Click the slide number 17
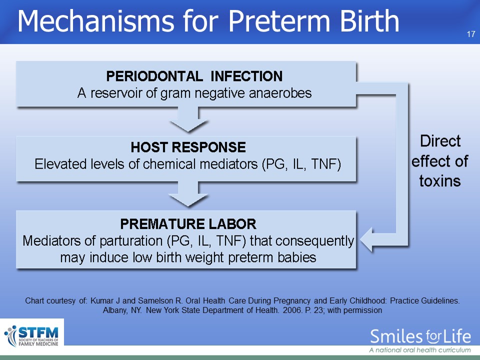(x=471, y=34)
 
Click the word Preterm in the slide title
(x=280, y=21)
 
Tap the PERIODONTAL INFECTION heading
(x=194, y=76)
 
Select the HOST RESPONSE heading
(x=188, y=147)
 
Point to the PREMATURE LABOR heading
(x=188, y=224)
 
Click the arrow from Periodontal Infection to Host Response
(x=188, y=119)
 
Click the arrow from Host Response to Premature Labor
(x=188, y=194)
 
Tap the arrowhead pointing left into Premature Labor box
(x=366, y=239)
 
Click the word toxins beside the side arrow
(x=440, y=181)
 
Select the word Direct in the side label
(x=440, y=141)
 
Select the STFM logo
(x=32, y=336)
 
